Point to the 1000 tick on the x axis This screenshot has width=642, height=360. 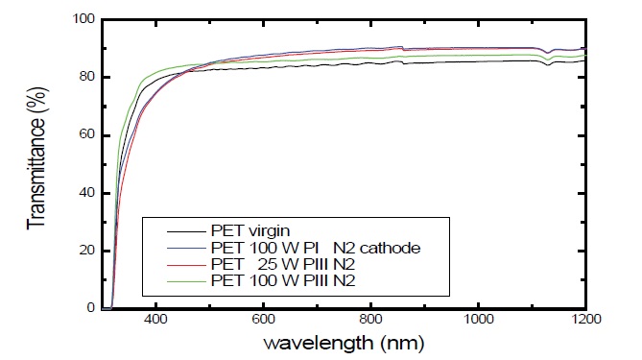pos(478,320)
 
